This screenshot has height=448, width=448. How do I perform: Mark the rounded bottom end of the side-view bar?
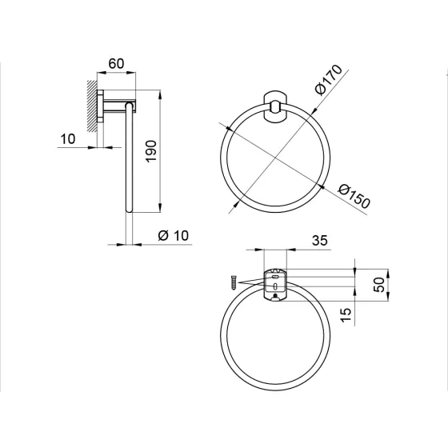[x=128, y=210]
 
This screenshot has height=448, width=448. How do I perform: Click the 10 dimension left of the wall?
[x=67, y=138]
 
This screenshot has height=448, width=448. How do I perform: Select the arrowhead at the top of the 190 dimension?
[x=162, y=94]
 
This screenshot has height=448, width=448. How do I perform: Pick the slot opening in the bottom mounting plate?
[x=274, y=284]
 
